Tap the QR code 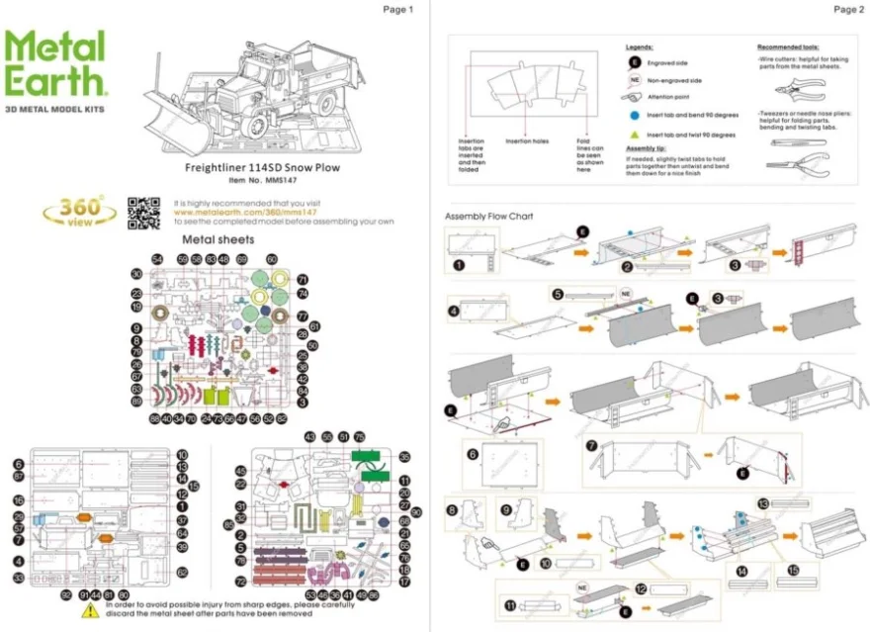coord(143,213)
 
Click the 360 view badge coord(83,211)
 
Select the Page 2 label coord(848,10)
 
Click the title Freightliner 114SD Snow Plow coord(262,167)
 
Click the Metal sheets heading coord(217,239)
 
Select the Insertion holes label coord(526,141)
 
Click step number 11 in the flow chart coord(510,604)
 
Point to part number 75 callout coord(359,436)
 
